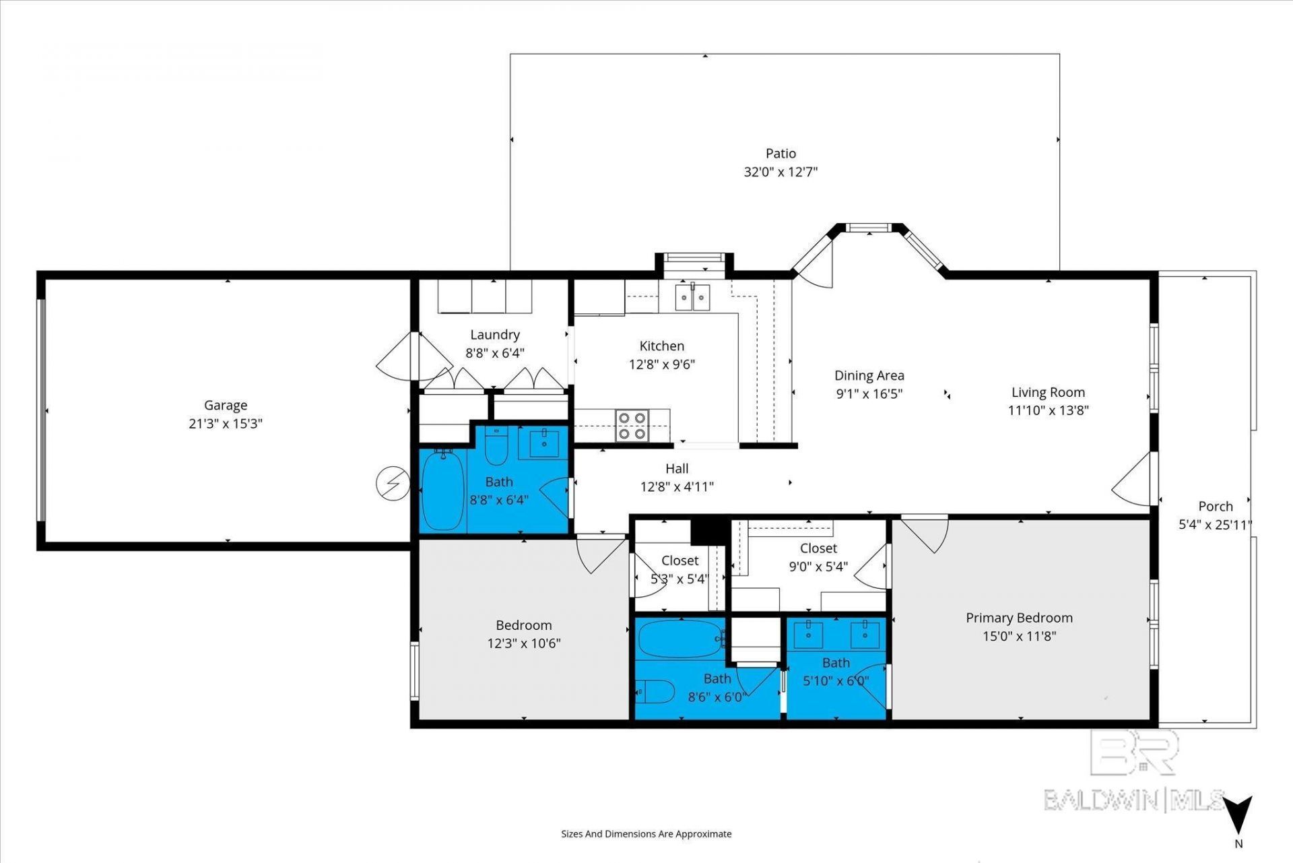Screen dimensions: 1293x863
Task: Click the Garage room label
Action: pos(226,405)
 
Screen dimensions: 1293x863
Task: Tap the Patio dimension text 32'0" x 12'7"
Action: pos(781,172)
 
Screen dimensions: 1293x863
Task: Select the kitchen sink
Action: pos(692,297)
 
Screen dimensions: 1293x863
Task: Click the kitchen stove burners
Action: pos(632,426)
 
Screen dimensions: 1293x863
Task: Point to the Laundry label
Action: pos(495,335)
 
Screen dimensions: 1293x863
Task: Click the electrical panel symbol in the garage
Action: pos(393,483)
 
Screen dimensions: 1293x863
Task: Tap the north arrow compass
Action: pos(1238,815)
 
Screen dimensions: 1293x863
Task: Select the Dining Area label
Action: pos(869,376)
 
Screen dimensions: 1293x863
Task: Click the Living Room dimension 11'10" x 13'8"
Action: pos(1048,410)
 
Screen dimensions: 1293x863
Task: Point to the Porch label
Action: pos(1216,507)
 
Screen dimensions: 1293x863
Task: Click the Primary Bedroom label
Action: pos(1019,618)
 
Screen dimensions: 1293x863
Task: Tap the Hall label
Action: pos(677,468)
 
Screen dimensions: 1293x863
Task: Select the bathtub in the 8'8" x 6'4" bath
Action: pos(442,490)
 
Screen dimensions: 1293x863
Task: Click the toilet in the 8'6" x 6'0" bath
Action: pos(655,691)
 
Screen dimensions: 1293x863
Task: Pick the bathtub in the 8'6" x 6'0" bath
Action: pos(680,639)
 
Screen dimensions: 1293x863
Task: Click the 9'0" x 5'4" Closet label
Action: pos(818,548)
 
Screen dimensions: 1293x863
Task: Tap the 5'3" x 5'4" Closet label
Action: pos(679,561)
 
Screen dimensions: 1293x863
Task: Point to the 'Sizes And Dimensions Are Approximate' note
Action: pos(646,834)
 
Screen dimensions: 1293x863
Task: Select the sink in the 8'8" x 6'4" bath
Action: pos(544,443)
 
